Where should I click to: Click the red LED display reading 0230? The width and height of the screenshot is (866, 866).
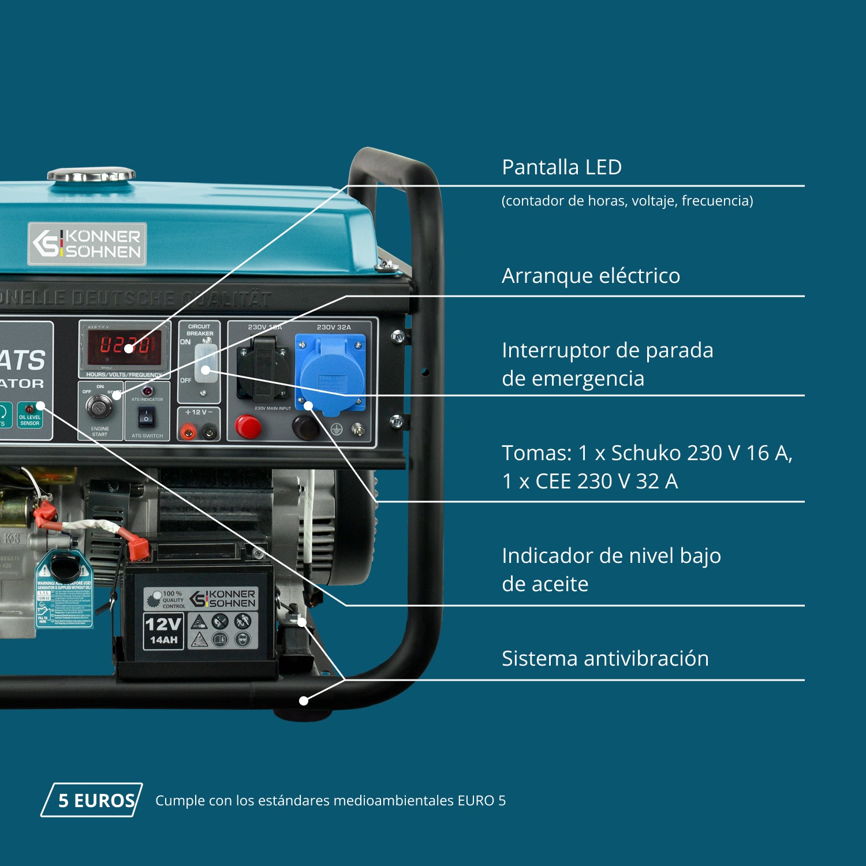point(124,346)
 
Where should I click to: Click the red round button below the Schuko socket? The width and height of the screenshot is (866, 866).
point(248,428)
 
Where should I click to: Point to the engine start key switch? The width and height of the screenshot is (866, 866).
point(99,406)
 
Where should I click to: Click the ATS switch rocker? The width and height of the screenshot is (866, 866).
point(147,416)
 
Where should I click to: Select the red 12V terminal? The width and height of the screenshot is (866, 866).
point(188,431)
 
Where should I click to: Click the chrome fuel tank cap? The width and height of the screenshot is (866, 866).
point(91,174)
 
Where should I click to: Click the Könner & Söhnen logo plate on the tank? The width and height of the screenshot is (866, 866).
point(87,244)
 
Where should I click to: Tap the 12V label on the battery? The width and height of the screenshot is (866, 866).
point(163,624)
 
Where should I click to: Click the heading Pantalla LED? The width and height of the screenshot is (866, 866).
point(561,167)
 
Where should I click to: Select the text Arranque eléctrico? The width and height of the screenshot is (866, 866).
point(591,276)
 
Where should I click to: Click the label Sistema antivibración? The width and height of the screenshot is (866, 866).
point(604,659)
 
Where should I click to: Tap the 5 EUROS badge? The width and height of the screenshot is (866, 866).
point(92,800)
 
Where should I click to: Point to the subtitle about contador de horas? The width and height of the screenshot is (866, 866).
point(627,201)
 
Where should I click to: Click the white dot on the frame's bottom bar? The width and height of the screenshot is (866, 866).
point(304,701)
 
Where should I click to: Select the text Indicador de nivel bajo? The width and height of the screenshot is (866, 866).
point(611,556)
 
